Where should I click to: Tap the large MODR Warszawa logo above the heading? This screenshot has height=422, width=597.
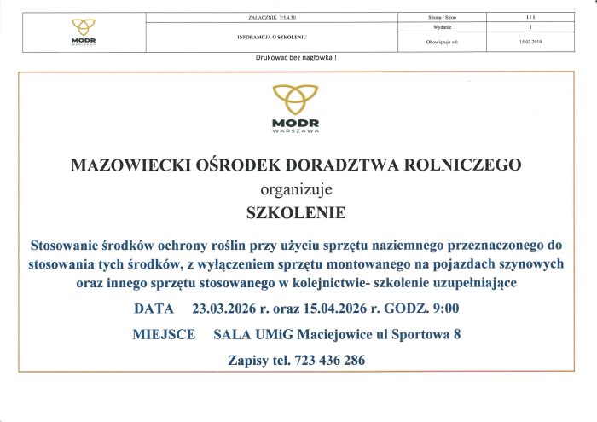296,110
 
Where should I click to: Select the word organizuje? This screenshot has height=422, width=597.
296,188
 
